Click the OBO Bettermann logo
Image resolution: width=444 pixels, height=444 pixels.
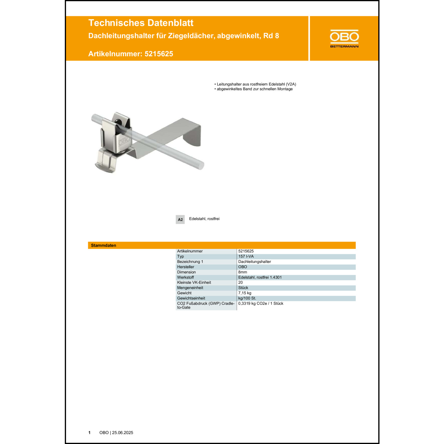[x=344, y=38]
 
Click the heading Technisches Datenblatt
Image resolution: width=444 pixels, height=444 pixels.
[x=141, y=23]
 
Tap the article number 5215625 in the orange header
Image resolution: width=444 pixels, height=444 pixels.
[x=159, y=54]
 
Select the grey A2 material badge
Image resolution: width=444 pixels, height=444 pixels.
[x=180, y=219]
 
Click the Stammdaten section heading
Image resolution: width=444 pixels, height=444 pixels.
[x=103, y=245]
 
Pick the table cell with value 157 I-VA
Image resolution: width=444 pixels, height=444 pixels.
[x=246, y=256]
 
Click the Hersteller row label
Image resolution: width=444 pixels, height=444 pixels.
[x=186, y=267]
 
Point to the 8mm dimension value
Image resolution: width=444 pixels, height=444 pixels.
[x=242, y=272]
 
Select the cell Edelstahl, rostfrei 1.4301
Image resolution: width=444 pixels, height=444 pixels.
[x=260, y=277]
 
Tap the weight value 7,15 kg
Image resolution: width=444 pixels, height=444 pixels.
[x=244, y=293]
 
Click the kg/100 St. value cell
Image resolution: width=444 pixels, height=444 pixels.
[x=247, y=298]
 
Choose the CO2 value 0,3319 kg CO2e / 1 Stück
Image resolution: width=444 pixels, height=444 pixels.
[x=260, y=303]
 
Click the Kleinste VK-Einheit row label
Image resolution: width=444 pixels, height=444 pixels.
[x=194, y=282]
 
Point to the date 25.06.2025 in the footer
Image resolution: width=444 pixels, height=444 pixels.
[x=123, y=433]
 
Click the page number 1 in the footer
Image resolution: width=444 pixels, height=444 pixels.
[x=89, y=433]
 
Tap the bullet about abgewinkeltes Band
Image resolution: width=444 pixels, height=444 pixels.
[x=255, y=89]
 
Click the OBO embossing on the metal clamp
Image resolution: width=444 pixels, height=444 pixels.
[x=125, y=141]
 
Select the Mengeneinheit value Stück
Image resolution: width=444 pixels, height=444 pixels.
[x=243, y=288]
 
